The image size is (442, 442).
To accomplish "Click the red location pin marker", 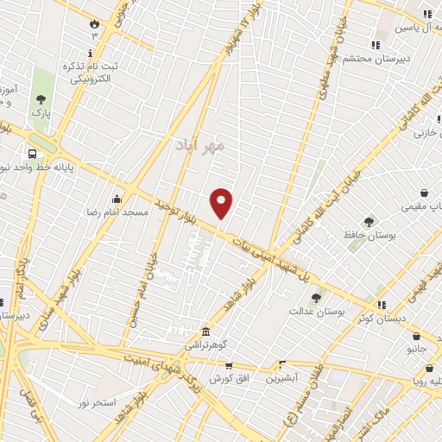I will coord(222,202).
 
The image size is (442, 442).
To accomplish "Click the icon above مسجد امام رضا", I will coord(117,199).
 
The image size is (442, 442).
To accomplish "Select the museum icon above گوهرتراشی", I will coord(205,332).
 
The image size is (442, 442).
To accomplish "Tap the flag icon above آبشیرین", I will coord(281,364).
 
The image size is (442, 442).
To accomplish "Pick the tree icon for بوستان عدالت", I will coord(316,297).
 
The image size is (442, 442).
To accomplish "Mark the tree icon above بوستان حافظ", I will coord(369,222).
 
